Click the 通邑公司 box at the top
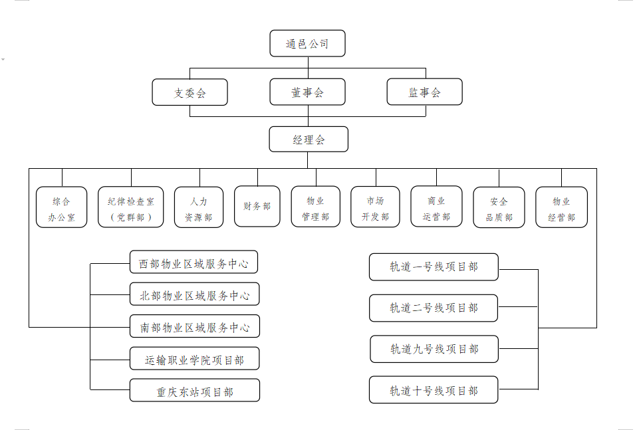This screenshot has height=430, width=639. click(307, 43)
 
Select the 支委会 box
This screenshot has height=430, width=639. click(190, 92)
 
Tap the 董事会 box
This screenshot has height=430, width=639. click(307, 92)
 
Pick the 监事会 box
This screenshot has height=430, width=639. click(424, 92)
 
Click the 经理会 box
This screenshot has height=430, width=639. click(309, 140)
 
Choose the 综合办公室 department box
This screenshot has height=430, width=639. click(62, 207)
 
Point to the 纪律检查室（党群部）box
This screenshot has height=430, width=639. click(131, 207)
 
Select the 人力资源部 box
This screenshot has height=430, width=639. click(199, 207)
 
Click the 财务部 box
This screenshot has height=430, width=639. click(257, 207)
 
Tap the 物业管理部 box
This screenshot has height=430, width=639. click(316, 207)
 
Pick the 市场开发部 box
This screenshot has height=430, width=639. click(375, 207)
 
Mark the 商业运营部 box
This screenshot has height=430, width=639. click(436, 207)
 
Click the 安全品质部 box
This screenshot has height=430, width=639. click(499, 207)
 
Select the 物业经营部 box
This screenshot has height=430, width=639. click(562, 207)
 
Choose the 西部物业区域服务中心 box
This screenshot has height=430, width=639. click(193, 263)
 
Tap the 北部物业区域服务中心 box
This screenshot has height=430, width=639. click(194, 294)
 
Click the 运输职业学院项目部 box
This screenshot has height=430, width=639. click(194, 358)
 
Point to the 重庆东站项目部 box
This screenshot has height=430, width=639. click(195, 390)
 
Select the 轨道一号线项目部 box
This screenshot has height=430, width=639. click(434, 267)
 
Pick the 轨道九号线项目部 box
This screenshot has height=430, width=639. click(434, 349)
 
